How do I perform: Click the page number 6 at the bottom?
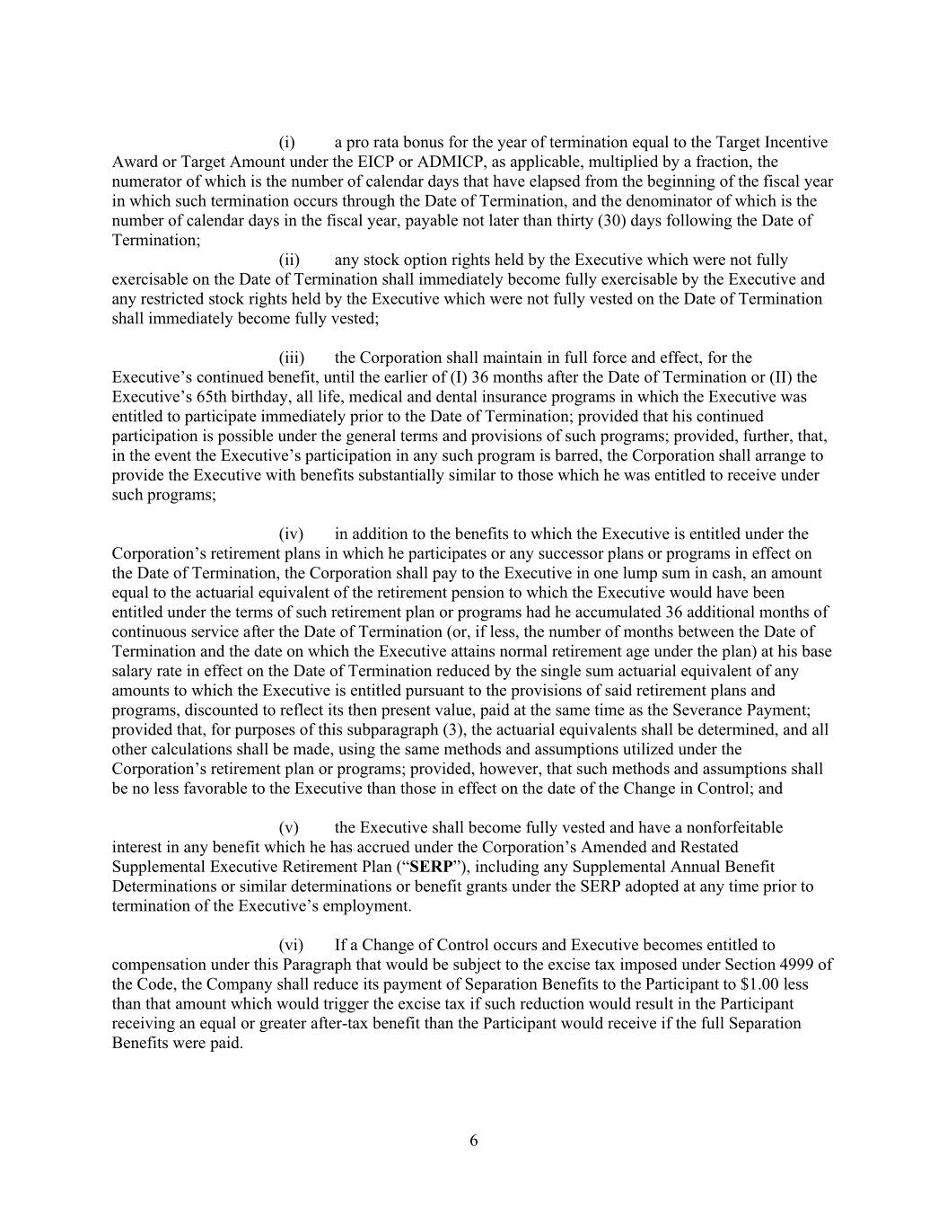(x=473, y=1142)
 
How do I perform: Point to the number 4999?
(x=797, y=965)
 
